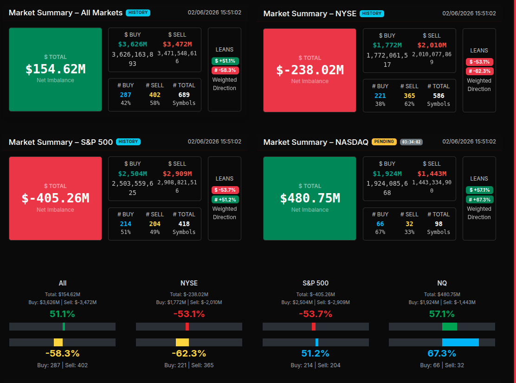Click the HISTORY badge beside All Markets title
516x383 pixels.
[x=138, y=13]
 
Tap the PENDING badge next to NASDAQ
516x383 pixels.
[x=384, y=142]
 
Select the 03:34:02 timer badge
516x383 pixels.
[x=411, y=142]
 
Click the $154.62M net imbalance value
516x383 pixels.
[x=55, y=69]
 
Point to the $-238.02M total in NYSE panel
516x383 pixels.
[x=310, y=70]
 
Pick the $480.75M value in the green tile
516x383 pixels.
[x=310, y=198]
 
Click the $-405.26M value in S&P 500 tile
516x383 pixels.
[x=55, y=198]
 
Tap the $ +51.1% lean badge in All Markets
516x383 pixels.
[x=225, y=61]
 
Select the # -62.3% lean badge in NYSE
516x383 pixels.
[x=479, y=71]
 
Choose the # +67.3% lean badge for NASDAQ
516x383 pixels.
[x=479, y=200]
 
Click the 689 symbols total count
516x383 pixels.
[x=184, y=95]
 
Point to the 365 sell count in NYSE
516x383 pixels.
[x=409, y=96]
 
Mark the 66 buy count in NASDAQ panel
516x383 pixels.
[x=380, y=224]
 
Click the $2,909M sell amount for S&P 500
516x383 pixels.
[x=177, y=174]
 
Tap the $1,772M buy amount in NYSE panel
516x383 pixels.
[x=387, y=45]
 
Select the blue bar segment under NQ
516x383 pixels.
[x=460, y=342]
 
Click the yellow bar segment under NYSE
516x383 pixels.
[x=182, y=342]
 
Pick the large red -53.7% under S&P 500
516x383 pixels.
[x=316, y=314]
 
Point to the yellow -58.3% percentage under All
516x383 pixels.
[x=63, y=353]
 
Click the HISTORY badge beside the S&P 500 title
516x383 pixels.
[x=128, y=142]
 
